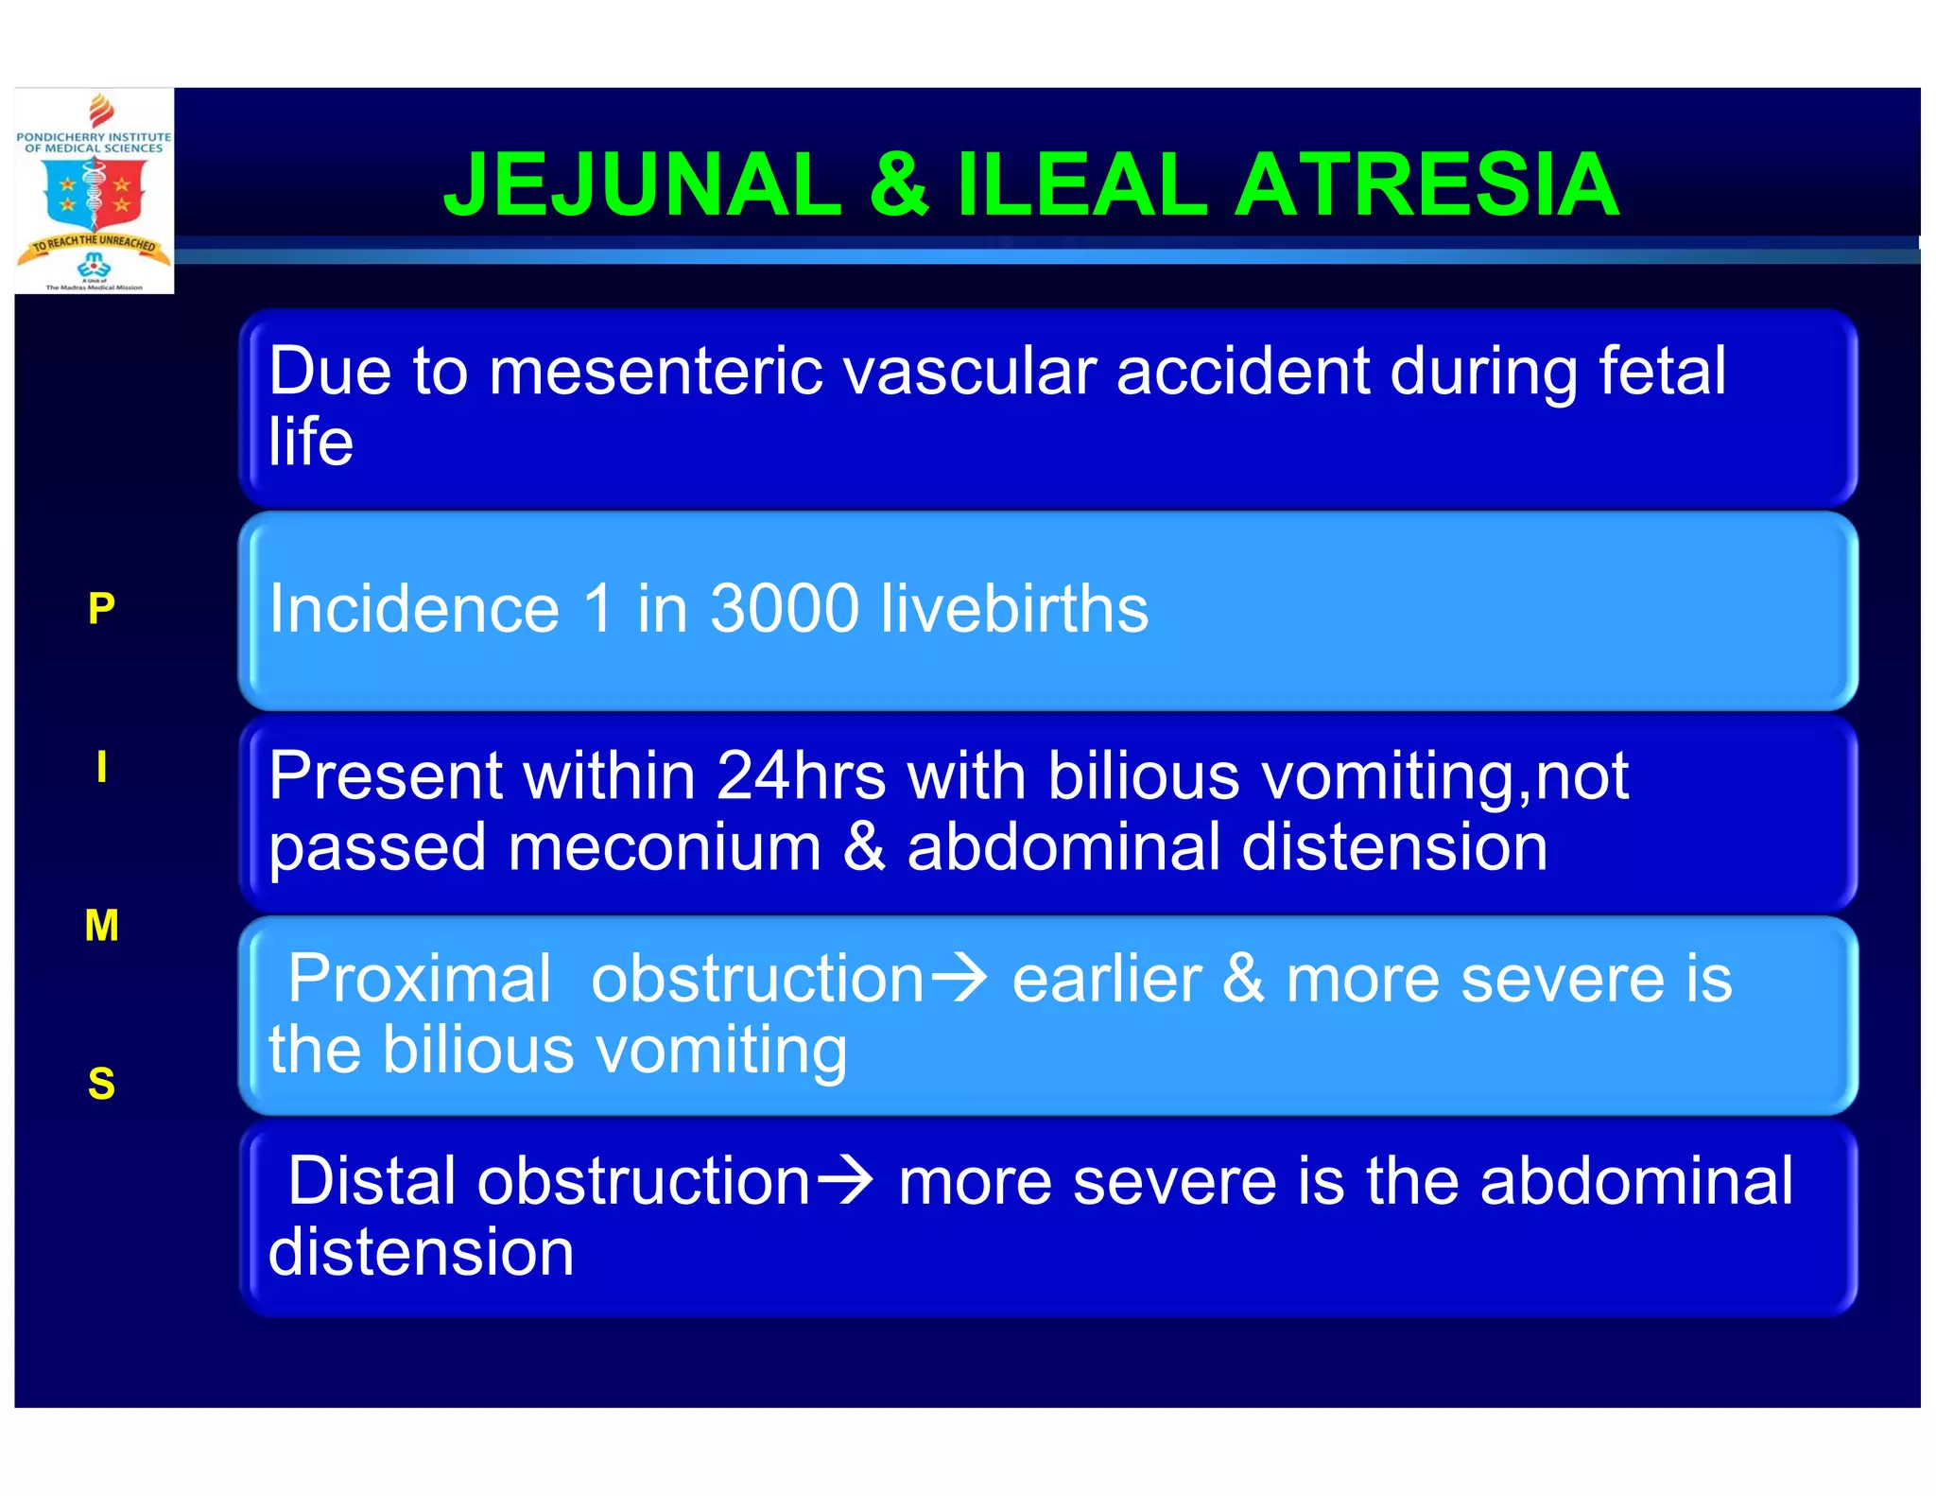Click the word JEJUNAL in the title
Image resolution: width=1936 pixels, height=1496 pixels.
642,184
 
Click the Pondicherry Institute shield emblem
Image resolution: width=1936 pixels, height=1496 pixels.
95,194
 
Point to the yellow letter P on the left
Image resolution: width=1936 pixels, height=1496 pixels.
101,608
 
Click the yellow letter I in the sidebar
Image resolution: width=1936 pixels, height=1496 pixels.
101,767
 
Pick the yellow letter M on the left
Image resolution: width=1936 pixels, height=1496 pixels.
101,925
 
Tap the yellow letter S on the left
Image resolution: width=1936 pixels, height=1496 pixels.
101,1084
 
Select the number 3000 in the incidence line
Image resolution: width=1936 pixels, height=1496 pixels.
784,608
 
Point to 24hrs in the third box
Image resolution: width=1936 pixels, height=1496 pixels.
801,776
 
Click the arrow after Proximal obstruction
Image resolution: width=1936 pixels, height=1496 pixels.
959,979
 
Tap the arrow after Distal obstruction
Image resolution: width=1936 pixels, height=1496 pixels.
845,1182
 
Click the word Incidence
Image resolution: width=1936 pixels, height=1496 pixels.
414,608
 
